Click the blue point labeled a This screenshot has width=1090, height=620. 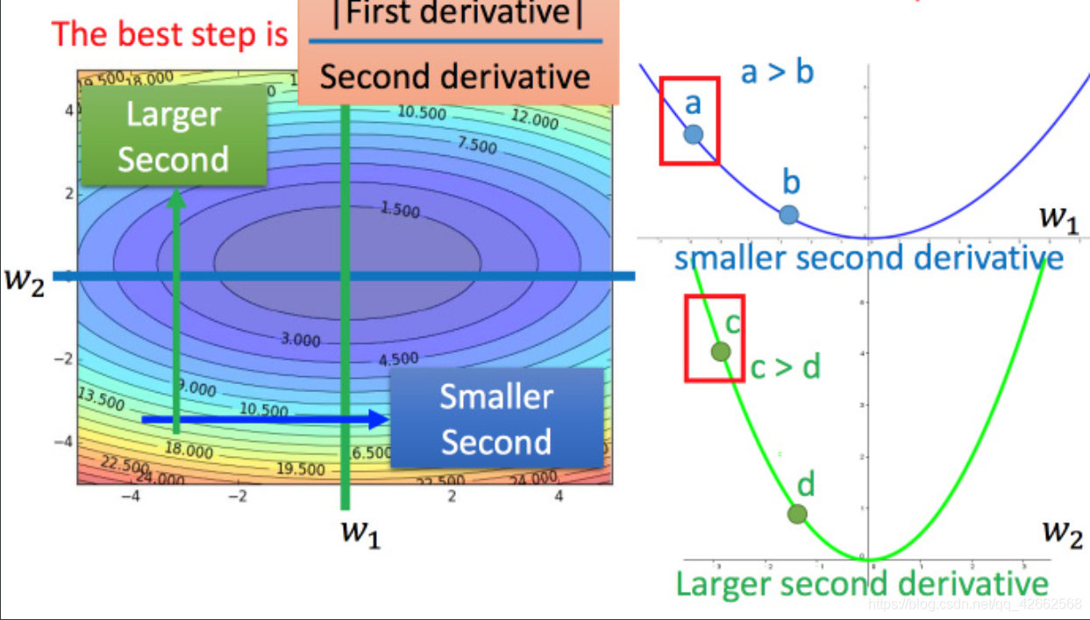(693, 134)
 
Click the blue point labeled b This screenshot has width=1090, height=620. (788, 214)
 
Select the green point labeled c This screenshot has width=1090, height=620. (720, 352)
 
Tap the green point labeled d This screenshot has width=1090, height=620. (796, 515)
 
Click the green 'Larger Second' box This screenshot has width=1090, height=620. (174, 136)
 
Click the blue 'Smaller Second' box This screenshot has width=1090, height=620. (496, 419)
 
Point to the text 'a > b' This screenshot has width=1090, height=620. (777, 72)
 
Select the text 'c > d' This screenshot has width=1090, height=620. (785, 367)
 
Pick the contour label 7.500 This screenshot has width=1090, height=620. (476, 143)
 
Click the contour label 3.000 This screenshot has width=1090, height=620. (300, 339)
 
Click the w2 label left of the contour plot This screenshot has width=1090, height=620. (24, 284)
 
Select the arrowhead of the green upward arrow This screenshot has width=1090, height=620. (176, 198)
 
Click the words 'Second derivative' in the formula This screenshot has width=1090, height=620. (454, 77)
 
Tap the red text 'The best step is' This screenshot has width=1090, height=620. (170, 33)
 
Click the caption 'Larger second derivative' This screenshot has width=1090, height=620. (862, 584)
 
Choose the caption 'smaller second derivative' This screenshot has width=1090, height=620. (868, 258)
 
